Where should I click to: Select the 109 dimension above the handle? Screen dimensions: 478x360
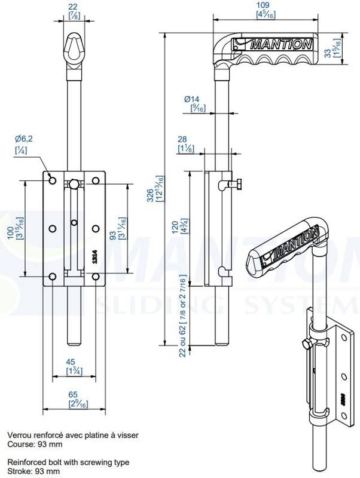(261, 6)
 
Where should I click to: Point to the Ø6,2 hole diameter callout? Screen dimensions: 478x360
(24, 139)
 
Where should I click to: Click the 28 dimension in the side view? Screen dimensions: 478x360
(182, 139)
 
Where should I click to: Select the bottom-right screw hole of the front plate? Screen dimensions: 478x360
(96, 276)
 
